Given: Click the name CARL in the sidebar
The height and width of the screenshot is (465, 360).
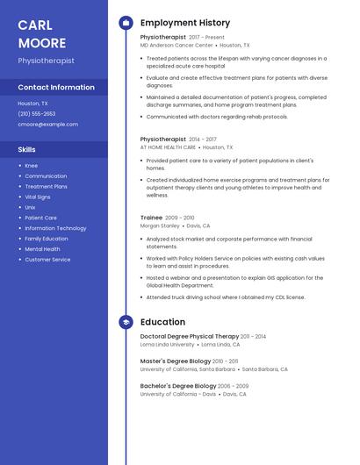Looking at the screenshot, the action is click(x=35, y=25).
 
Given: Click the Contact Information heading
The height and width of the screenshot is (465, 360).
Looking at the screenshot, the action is click(x=56, y=87).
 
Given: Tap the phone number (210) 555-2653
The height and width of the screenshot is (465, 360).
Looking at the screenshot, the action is click(x=36, y=113).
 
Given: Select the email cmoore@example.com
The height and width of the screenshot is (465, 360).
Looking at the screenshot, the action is click(x=47, y=124).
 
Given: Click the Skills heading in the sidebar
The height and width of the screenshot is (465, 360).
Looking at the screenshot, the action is click(x=26, y=149).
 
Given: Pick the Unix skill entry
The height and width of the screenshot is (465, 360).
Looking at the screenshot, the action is click(x=31, y=207).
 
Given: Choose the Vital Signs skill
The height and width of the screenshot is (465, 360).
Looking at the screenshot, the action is click(x=38, y=197).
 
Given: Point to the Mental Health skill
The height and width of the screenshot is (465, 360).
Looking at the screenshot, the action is click(x=43, y=249).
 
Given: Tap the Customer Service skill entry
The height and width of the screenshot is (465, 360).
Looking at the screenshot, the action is click(x=47, y=260).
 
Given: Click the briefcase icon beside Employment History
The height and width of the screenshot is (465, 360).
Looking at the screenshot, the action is click(x=126, y=23).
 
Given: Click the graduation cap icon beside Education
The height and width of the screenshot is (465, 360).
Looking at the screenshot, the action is click(x=126, y=322).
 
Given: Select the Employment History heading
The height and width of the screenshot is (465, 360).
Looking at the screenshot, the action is click(x=185, y=23).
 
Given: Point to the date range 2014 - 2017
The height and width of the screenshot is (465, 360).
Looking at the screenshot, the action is click(x=203, y=139).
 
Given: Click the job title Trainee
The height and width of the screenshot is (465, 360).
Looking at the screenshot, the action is click(x=151, y=217).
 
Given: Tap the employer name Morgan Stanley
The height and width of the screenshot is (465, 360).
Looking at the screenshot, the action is click(x=160, y=225).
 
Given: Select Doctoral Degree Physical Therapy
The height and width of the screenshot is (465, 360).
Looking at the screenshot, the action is click(x=190, y=336).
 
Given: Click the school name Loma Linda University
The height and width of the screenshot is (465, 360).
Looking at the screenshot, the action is click(x=168, y=345).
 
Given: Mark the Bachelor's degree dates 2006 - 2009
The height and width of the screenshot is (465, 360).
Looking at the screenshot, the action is click(x=234, y=385).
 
